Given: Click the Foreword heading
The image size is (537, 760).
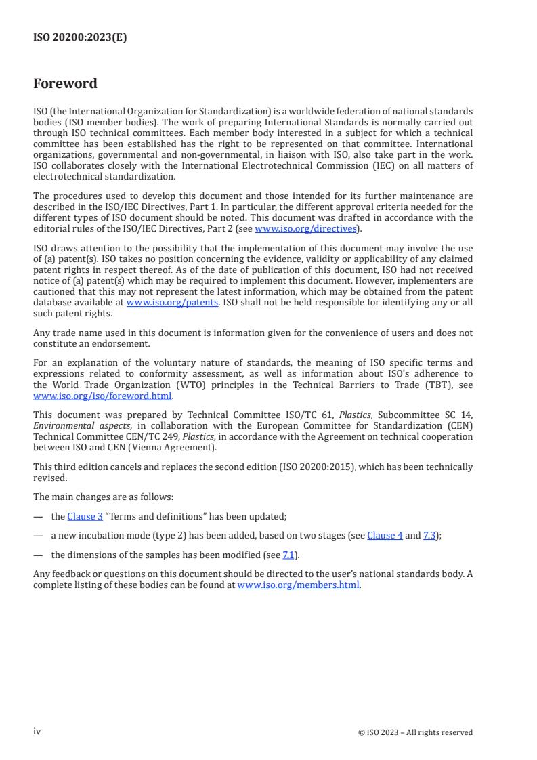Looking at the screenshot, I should click(x=65, y=84).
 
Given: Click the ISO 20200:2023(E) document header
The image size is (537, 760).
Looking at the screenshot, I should click(x=80, y=38).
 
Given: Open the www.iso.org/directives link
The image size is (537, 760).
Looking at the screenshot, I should click(x=305, y=229).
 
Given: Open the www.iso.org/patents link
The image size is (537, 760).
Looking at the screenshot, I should click(x=172, y=302).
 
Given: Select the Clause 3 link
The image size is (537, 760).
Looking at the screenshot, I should click(x=85, y=516).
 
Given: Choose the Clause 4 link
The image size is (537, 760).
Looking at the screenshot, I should click(x=385, y=536).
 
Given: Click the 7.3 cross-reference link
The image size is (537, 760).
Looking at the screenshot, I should click(x=430, y=536).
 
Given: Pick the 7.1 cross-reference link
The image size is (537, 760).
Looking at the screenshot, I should click(x=289, y=555).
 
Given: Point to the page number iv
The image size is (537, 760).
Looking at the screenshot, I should click(x=37, y=732).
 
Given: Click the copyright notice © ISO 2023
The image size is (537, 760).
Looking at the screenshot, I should click(x=415, y=732).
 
